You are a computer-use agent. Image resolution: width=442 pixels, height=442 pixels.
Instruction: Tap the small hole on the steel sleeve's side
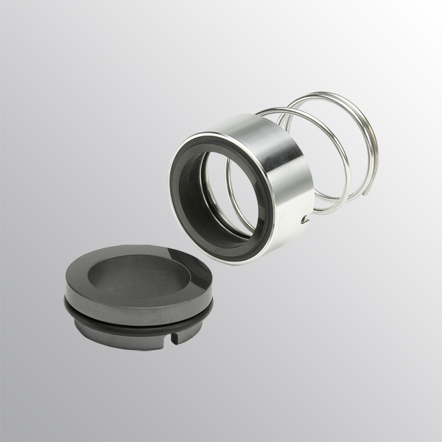(304, 218)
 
